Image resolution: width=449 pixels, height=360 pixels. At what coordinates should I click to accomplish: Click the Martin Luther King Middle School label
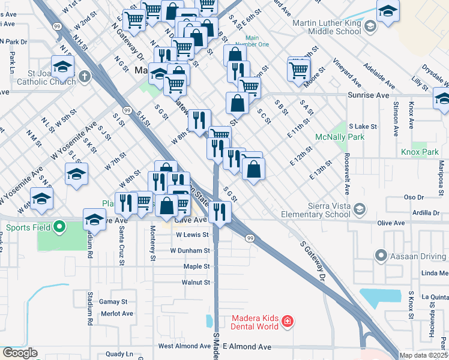(x=326, y=28)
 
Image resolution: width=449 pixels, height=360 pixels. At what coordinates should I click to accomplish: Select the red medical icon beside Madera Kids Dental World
(x=288, y=322)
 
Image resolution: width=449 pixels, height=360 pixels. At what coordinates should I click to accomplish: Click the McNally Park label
(x=333, y=137)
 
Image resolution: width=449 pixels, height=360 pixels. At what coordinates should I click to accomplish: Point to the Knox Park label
(x=421, y=152)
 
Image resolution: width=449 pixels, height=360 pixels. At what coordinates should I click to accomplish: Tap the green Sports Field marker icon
(x=59, y=227)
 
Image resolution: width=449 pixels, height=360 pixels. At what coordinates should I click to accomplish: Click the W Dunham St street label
(x=190, y=250)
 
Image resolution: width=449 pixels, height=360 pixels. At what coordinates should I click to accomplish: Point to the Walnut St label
(x=196, y=282)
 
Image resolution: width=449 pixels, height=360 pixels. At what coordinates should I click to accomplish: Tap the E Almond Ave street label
(x=247, y=347)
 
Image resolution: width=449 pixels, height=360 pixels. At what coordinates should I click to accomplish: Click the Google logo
(x=19, y=353)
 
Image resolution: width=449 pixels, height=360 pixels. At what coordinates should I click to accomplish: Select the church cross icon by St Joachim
(x=85, y=77)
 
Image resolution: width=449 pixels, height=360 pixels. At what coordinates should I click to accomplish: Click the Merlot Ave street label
(x=117, y=313)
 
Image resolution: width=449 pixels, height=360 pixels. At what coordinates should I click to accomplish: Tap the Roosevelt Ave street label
(x=347, y=176)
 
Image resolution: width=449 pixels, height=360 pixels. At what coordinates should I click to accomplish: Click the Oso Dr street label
(x=414, y=197)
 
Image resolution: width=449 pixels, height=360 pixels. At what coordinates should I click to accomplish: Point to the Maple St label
(x=196, y=266)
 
